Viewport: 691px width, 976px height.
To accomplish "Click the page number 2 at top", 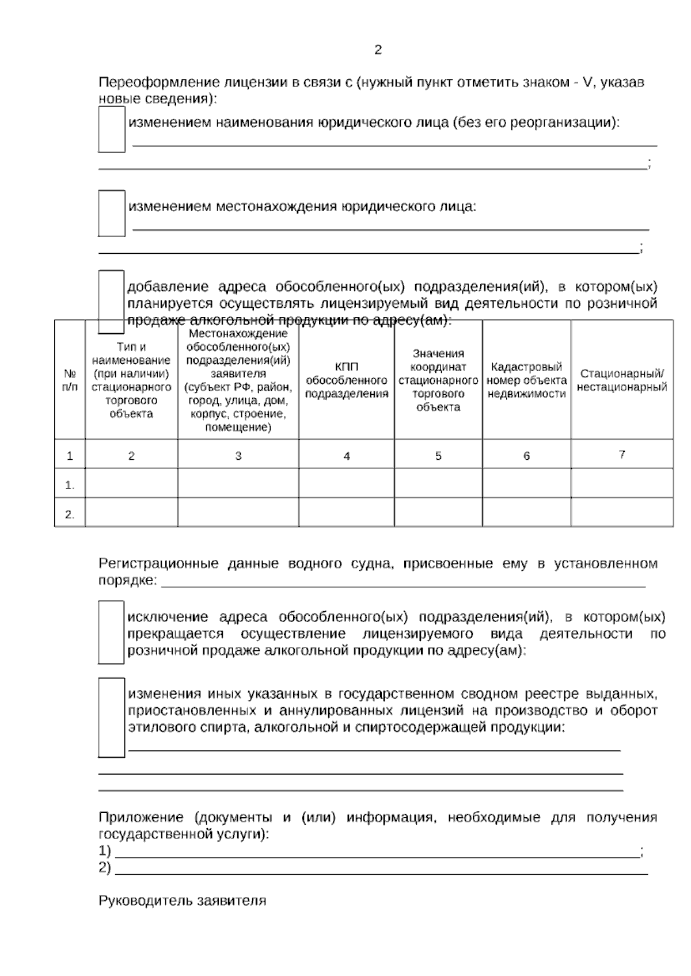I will (378, 50).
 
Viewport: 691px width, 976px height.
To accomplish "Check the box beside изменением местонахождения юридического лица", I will (111, 213).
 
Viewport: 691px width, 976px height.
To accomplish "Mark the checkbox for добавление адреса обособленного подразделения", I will (111, 301).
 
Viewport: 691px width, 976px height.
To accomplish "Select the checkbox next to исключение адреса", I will (111, 632).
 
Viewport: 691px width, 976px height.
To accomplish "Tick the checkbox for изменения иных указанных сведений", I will (111, 717).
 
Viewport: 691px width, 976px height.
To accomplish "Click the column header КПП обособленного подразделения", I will (346, 380).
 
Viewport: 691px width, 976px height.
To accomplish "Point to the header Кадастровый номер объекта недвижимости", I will (526, 380).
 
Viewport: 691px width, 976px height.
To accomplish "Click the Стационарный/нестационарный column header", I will (622, 380).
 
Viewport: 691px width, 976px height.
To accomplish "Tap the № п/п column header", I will (70, 380).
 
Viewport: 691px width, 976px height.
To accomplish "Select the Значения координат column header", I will (438, 380).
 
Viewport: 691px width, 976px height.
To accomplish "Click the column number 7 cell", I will (622, 455).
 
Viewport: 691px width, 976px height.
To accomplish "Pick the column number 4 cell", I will (346, 456).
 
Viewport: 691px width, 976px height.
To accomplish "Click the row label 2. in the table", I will (70, 514).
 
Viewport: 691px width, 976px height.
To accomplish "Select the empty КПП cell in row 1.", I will (346, 483).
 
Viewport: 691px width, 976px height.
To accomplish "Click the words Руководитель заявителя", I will (182, 901).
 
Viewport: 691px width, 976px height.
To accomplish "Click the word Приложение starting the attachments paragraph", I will (141, 818).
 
